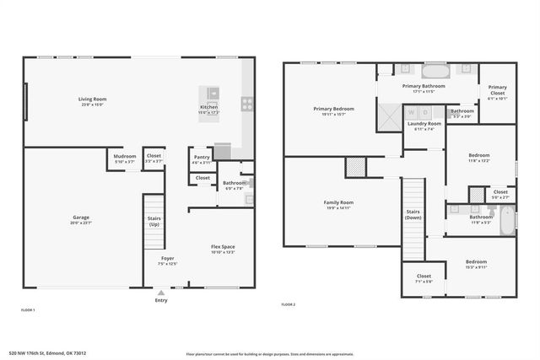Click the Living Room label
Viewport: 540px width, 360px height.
pyautogui.click(x=93, y=99)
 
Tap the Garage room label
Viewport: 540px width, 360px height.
pyautogui.click(x=81, y=218)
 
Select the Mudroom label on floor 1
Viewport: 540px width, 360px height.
pyautogui.click(x=125, y=156)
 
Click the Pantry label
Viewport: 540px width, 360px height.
pyautogui.click(x=202, y=157)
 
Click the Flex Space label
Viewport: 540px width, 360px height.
pyautogui.click(x=223, y=246)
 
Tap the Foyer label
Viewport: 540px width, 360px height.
pyautogui.click(x=167, y=258)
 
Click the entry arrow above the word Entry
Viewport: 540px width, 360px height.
pyautogui.click(x=161, y=293)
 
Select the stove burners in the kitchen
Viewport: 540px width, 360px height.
pyautogui.click(x=247, y=104)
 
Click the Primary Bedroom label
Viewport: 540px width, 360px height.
pyautogui.click(x=333, y=109)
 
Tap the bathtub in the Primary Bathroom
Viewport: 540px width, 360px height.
pyautogui.click(x=435, y=70)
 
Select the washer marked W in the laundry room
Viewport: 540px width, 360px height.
pyautogui.click(x=411, y=112)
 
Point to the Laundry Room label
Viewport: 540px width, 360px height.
pyautogui.click(x=424, y=124)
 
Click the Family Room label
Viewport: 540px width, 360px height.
pyautogui.click(x=338, y=202)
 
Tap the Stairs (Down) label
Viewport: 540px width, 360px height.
pyautogui.click(x=413, y=214)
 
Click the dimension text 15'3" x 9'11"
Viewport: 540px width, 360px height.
pyautogui.click(x=476, y=266)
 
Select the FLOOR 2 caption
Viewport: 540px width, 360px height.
pyautogui.click(x=288, y=304)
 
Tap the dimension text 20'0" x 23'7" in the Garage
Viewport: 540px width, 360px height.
pyautogui.click(x=81, y=223)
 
